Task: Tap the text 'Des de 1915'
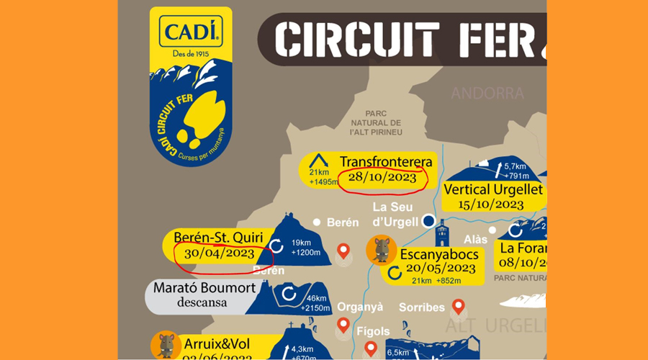pos(191,53)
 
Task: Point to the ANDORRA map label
pos(487,93)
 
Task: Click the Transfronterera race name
pos(386,161)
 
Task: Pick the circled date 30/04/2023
pos(219,253)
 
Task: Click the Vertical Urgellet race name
pos(493,190)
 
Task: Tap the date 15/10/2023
pos(490,204)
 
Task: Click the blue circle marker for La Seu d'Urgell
pos(428,220)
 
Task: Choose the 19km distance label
pos(302,243)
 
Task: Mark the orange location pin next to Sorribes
pos(458,308)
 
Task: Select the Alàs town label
pos(476,239)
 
